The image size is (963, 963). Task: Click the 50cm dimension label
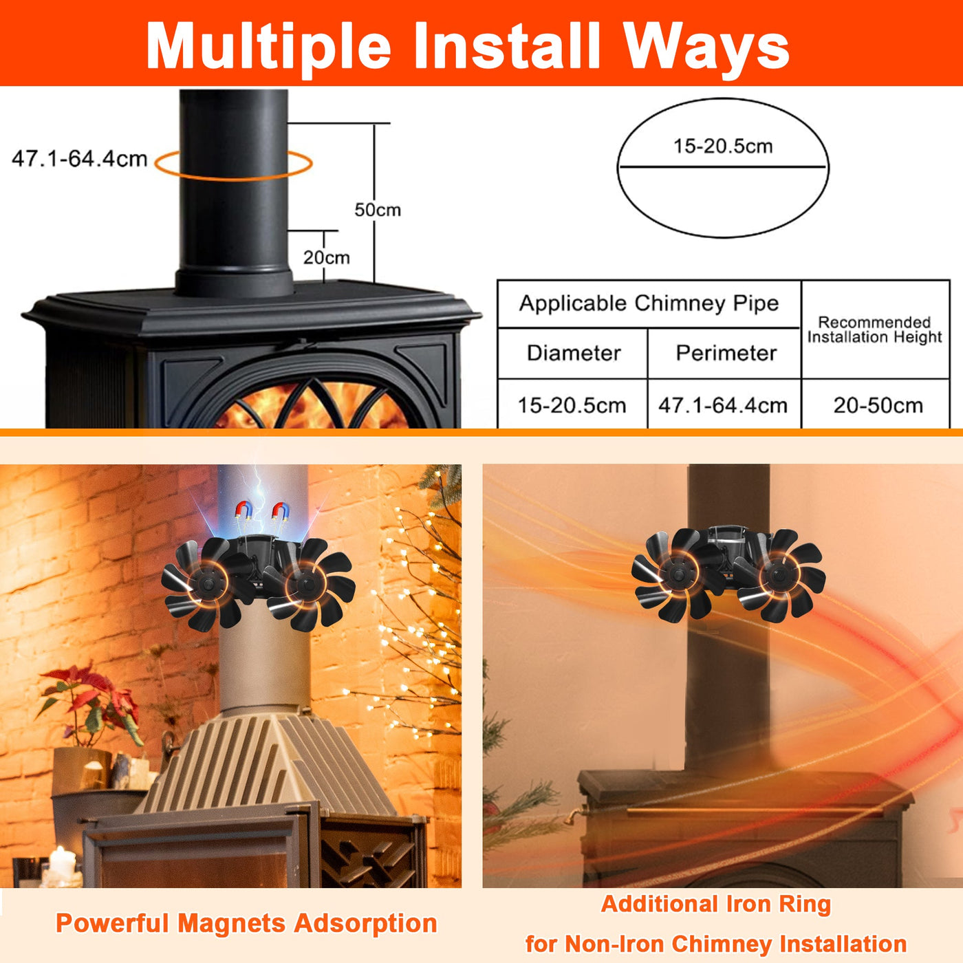tap(378, 210)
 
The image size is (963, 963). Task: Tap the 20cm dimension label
tap(326, 257)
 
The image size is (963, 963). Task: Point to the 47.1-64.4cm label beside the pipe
tap(80, 159)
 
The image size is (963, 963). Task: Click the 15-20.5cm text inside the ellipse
tap(723, 146)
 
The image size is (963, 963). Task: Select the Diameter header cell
tap(573, 353)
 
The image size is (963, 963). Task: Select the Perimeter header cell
tap(726, 353)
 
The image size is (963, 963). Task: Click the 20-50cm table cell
tap(878, 405)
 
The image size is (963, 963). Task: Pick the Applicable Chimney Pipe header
tap(649, 303)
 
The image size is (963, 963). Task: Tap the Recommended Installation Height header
tap(874, 329)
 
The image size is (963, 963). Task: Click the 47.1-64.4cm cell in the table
tap(723, 405)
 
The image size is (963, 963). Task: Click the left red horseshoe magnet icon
tap(244, 510)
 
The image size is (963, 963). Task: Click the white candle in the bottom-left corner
tap(63, 864)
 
